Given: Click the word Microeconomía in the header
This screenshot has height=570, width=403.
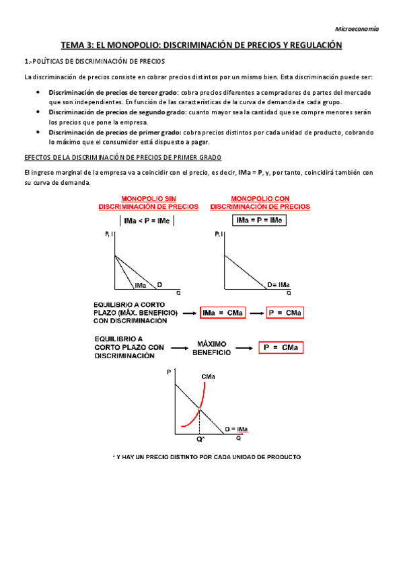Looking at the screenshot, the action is tap(357, 29).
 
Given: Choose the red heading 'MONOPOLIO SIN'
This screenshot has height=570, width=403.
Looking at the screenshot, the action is tap(148, 199).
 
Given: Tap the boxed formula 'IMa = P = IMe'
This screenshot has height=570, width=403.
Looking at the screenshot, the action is tap(260, 220).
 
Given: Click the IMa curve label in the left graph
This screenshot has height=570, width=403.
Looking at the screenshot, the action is tap(141, 286).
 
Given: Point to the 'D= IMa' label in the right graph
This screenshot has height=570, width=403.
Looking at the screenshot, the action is tap(279, 285).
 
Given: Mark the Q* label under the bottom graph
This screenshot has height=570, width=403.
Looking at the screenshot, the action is tap(200, 439).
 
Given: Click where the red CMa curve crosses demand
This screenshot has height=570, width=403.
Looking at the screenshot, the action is tap(200, 409).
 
